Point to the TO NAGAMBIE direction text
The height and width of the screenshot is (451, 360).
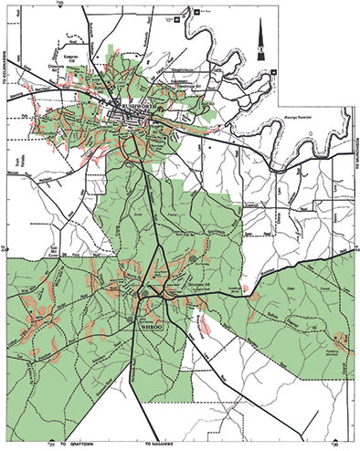click(x=164, y=443)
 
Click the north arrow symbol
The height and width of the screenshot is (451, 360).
click(x=260, y=37)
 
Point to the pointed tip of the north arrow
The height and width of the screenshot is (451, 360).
click(x=260, y=20)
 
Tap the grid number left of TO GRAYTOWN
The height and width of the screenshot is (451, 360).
click(x=51, y=445)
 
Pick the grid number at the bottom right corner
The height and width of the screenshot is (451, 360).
click(x=334, y=445)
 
